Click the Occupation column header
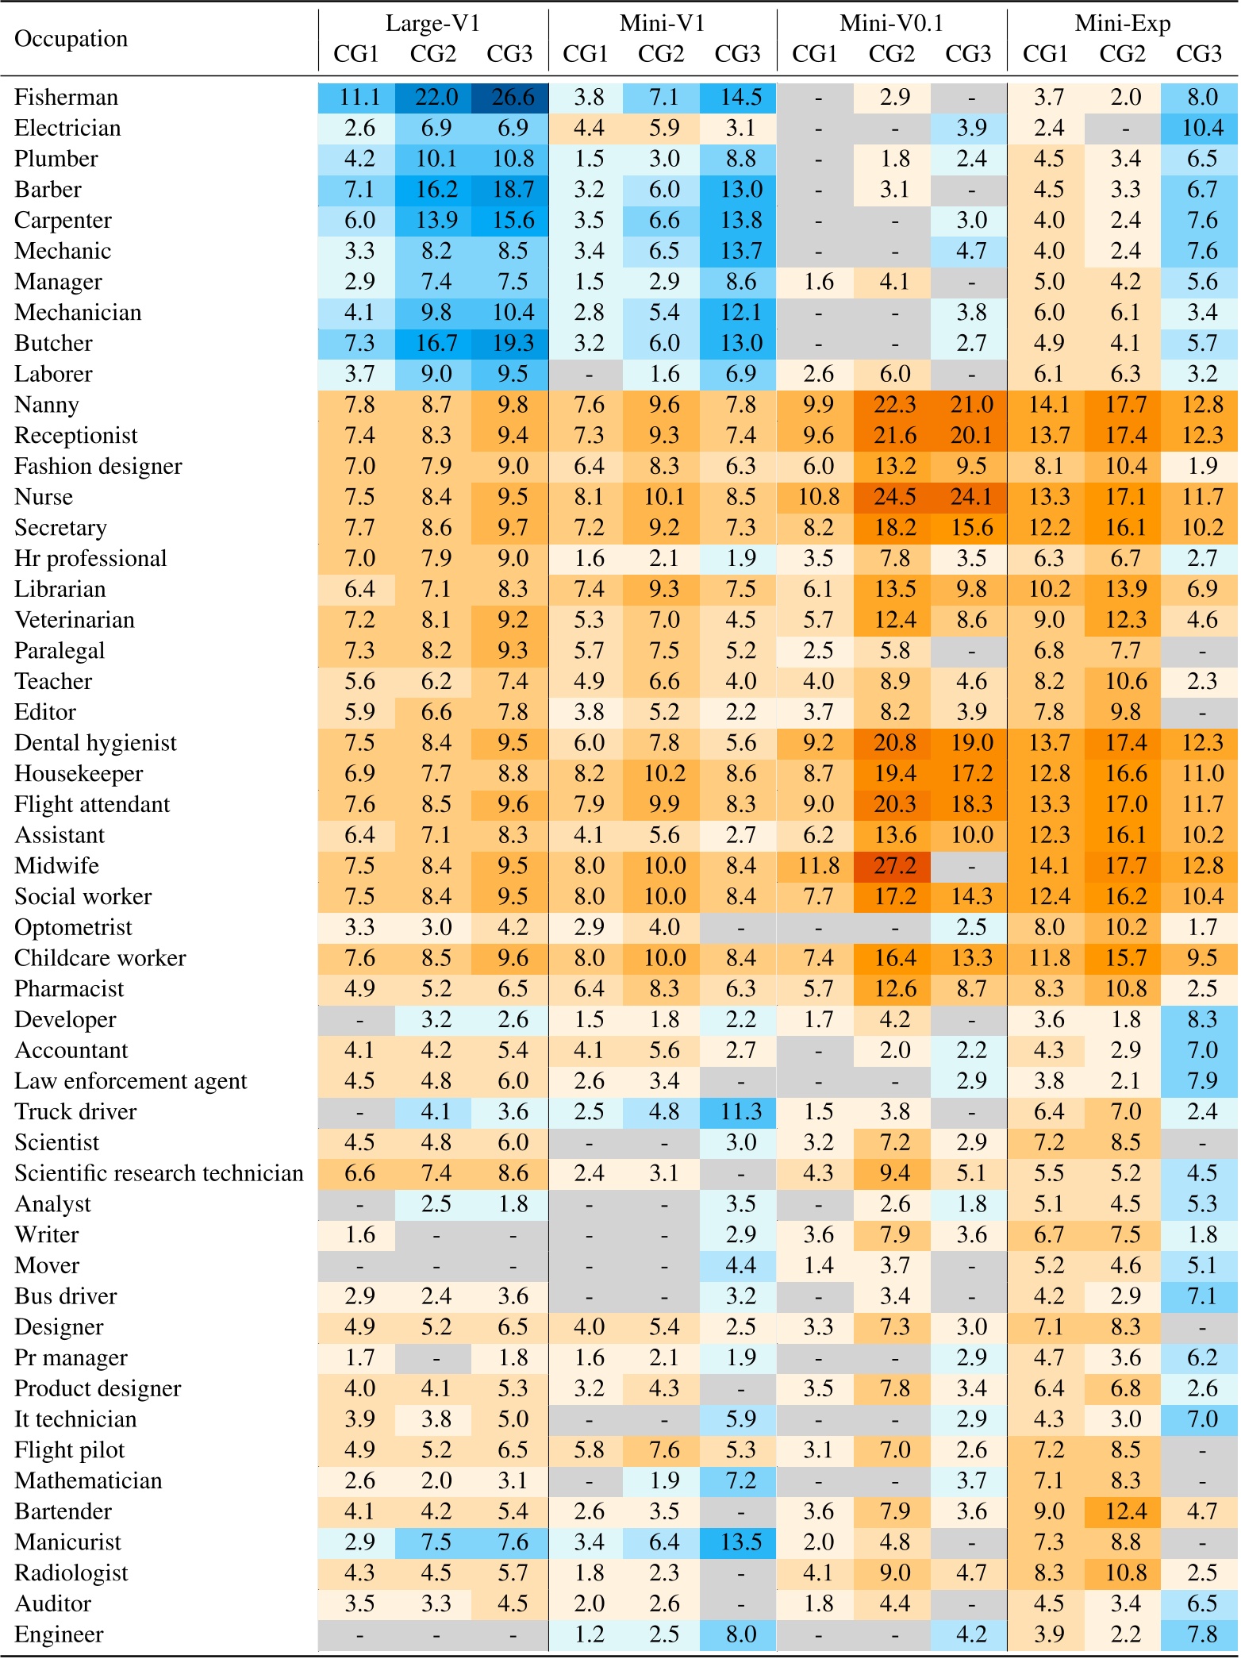click(71, 38)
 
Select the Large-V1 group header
click(432, 23)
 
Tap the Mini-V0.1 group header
click(892, 23)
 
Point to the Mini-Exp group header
click(1122, 23)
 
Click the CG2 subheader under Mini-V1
click(661, 54)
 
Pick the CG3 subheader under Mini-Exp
click(1198, 54)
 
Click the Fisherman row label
click(66, 97)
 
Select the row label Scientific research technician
click(159, 1173)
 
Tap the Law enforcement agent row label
click(130, 1081)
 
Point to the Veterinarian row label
click(74, 620)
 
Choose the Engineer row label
click(59, 1634)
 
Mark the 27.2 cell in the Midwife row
click(894, 866)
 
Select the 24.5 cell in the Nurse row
click(894, 497)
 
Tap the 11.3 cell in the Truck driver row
click(740, 1112)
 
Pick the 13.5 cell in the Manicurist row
click(740, 1542)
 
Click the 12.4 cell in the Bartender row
click(1125, 1511)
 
